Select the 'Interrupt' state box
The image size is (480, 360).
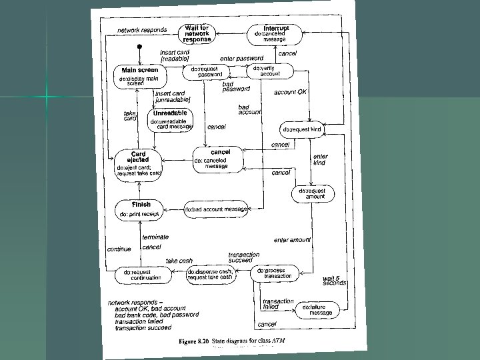(275, 33)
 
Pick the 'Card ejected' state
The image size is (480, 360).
(138, 163)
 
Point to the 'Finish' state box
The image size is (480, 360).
(141, 209)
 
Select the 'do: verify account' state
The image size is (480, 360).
(269, 72)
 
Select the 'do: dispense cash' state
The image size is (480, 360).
(210, 275)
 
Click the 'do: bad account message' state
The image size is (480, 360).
(217, 210)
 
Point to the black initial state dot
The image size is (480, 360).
(139, 47)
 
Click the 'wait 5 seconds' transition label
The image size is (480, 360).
(334, 280)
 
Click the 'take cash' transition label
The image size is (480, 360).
(178, 261)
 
